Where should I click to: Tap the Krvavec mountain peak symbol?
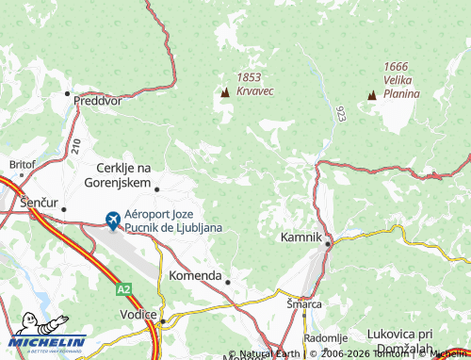pos(225,92)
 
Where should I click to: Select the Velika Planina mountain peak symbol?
pos(372,95)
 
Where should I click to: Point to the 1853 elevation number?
pos(250,77)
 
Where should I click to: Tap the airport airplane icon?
pos(113,221)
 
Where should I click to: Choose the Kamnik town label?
pos(300,238)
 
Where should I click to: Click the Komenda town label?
pos(195,276)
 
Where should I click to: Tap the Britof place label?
pos(22,164)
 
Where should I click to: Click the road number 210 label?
pos(75,145)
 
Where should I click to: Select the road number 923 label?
pos(340,114)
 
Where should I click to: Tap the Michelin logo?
pos(47,339)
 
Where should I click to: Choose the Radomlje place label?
pos(326,337)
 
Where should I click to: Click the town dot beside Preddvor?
pos(68,94)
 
